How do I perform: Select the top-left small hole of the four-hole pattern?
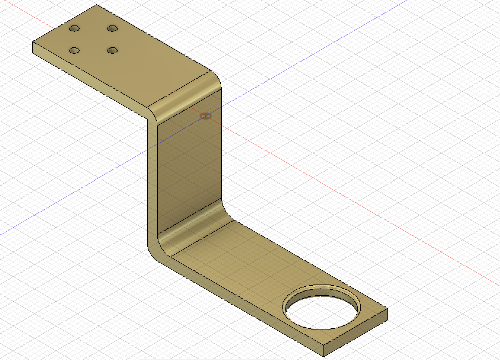click(74, 29)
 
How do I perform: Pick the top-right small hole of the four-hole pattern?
click(112, 29)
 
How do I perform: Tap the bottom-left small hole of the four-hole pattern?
click(74, 51)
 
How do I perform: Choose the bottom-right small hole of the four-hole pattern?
click(112, 51)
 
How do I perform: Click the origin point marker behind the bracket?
click(205, 116)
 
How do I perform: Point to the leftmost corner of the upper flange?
click(33, 43)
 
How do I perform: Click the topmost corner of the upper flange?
click(97, 5)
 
